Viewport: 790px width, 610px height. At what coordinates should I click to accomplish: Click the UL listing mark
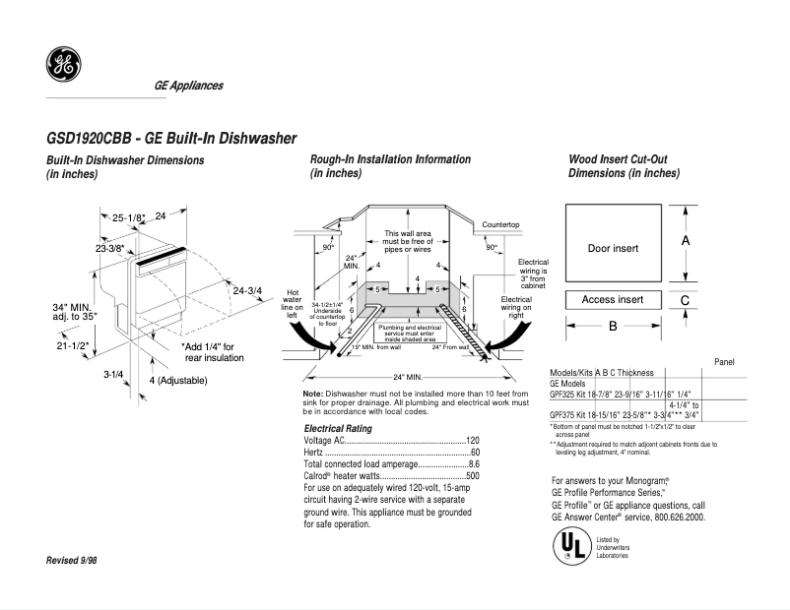click(569, 545)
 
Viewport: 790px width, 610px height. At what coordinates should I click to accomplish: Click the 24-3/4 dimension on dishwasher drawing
click(249, 290)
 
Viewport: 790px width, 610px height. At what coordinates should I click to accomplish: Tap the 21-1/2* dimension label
click(70, 345)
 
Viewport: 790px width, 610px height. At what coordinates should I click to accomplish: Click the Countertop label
click(500, 225)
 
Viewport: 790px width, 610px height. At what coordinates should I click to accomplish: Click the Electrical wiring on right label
click(516, 310)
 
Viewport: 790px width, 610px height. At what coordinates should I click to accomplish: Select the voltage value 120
click(472, 440)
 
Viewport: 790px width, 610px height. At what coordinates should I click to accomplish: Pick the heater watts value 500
click(472, 475)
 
